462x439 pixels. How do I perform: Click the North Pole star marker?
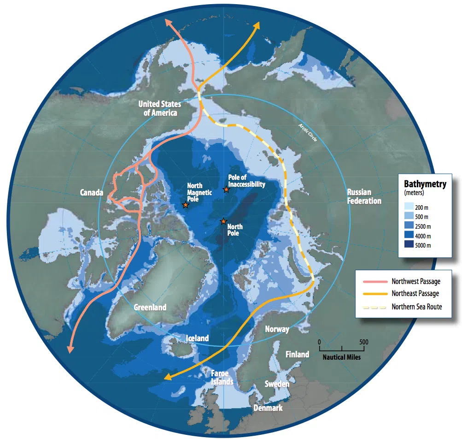(x=223, y=221)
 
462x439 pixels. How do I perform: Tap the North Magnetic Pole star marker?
(x=185, y=205)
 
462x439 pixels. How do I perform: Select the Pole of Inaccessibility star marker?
(x=226, y=190)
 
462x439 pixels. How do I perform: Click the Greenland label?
(x=150, y=307)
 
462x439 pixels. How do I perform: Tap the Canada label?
(x=92, y=192)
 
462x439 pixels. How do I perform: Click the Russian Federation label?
(x=364, y=196)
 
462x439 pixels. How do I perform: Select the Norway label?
(x=277, y=329)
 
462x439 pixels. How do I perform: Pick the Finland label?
(x=297, y=354)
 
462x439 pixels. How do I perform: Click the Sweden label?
(x=277, y=384)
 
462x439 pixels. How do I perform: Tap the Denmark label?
(x=268, y=408)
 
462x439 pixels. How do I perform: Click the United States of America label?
(x=159, y=108)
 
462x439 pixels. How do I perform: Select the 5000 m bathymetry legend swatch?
(x=409, y=245)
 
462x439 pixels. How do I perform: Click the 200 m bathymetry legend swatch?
(x=409, y=207)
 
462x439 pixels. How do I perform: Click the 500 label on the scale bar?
(x=363, y=342)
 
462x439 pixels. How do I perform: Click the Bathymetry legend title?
(x=425, y=184)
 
